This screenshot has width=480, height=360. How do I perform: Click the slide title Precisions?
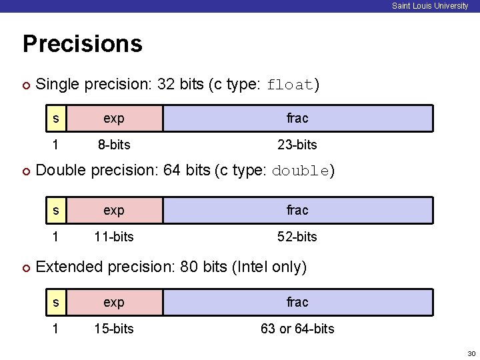tap(82, 44)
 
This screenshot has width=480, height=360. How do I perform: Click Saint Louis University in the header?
tap(430, 6)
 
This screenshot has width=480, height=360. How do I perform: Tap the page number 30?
tap(471, 353)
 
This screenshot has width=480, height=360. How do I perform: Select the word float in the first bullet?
tap(290, 85)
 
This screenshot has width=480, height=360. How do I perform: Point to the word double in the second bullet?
tap(300, 171)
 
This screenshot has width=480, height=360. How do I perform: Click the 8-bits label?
tap(114, 145)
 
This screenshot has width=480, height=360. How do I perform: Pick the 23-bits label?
tap(297, 145)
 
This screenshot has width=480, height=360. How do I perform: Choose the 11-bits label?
tap(114, 237)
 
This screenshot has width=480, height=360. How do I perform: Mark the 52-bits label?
tap(297, 237)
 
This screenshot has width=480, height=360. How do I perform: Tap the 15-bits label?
tap(114, 329)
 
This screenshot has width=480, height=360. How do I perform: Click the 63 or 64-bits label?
tap(297, 329)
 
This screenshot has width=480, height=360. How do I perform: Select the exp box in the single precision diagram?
tap(114, 118)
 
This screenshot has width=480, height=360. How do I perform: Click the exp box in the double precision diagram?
tap(114, 210)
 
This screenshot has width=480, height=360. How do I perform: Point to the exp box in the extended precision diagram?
tap(114, 302)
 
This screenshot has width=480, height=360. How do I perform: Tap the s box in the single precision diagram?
tap(56, 118)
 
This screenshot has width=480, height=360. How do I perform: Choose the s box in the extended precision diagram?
tap(56, 302)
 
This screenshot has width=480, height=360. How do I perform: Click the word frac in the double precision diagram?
tap(297, 210)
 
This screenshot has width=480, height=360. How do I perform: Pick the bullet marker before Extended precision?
tap(26, 268)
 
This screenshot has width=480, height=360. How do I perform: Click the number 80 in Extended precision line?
tap(189, 267)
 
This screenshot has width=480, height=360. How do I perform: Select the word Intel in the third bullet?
tap(252, 267)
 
